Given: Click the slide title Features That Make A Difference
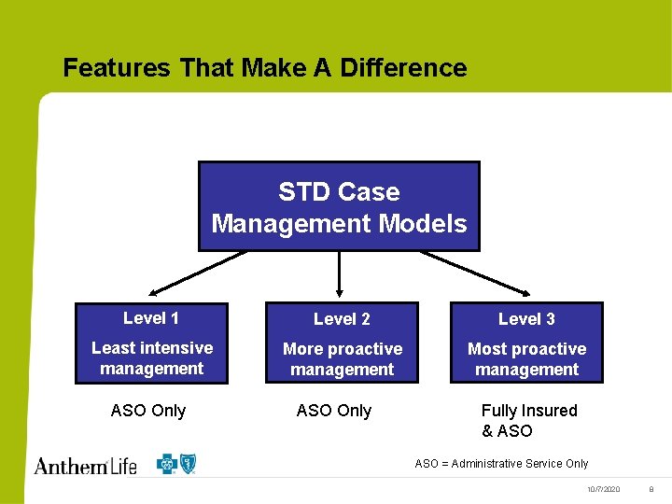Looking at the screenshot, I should (264, 68).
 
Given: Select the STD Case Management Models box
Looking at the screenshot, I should (339, 207).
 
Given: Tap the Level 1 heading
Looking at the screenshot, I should (151, 318).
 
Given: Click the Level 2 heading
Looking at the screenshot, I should (342, 319).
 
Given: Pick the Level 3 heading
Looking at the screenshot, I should (526, 319).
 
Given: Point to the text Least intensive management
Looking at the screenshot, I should (152, 358).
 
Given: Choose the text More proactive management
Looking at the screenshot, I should (343, 359).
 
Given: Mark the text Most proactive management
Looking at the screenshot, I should (526, 359).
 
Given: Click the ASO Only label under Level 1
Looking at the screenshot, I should (148, 411).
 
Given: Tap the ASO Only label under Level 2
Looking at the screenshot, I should (333, 411).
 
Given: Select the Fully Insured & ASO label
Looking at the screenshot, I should (528, 421).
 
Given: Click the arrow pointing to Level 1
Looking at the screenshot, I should (195, 273).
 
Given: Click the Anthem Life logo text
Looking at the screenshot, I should (86, 464).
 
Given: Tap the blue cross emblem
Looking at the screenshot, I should (167, 463).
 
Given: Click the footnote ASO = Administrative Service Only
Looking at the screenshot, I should (501, 464).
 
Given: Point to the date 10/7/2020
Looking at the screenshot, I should (603, 490).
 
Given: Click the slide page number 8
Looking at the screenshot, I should (651, 490).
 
